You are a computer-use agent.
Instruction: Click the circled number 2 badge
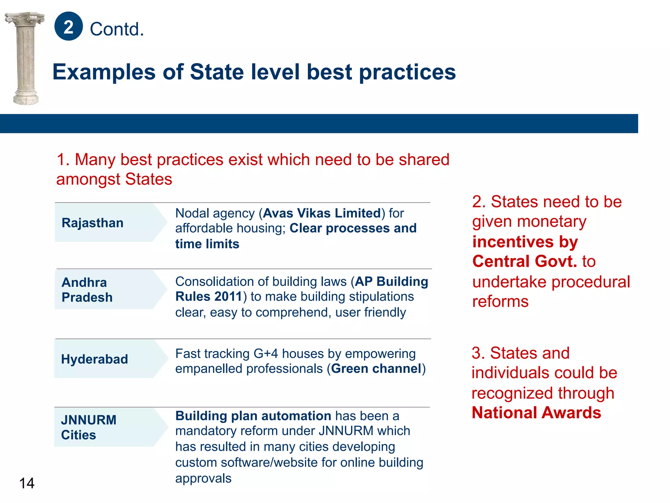pyautogui.click(x=68, y=26)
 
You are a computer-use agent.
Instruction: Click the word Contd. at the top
pyautogui.click(x=117, y=29)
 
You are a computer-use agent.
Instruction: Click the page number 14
pyautogui.click(x=26, y=483)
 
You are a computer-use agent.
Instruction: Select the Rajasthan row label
pyautogui.click(x=93, y=223)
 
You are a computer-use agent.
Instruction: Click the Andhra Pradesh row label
pyautogui.click(x=87, y=290)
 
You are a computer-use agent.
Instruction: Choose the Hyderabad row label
pyautogui.click(x=95, y=359)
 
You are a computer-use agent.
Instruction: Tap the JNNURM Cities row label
pyautogui.click(x=89, y=427)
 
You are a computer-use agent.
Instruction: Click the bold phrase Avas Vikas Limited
pyautogui.click(x=322, y=213)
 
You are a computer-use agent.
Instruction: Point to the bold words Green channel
pyautogui.click(x=376, y=369)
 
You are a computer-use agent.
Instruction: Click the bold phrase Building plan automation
pyautogui.click(x=253, y=416)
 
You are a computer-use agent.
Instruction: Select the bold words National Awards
pyautogui.click(x=536, y=413)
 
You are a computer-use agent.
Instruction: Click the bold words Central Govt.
pyautogui.click(x=525, y=261)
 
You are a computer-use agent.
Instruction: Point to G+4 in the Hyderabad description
pyautogui.click(x=266, y=354)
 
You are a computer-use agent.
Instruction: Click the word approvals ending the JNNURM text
pyautogui.click(x=203, y=478)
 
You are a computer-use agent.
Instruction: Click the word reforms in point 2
pyautogui.click(x=500, y=301)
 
